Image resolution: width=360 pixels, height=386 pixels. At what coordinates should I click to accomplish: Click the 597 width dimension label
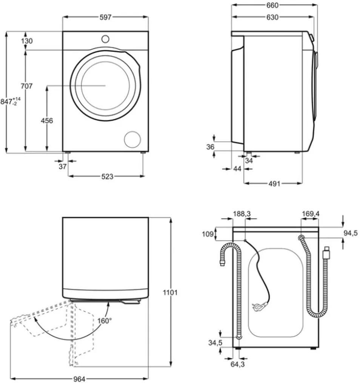pyautogui.click(x=106, y=17)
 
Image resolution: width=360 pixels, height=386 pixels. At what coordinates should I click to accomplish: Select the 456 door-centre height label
pyautogui.click(x=47, y=121)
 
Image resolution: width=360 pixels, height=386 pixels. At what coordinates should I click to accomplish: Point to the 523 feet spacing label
pyautogui.click(x=107, y=176)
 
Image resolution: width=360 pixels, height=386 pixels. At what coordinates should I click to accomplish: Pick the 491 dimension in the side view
pyautogui.click(x=274, y=184)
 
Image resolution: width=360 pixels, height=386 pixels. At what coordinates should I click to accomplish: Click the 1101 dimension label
pyautogui.click(x=170, y=292)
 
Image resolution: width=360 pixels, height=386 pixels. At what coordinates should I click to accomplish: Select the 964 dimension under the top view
pyautogui.click(x=80, y=378)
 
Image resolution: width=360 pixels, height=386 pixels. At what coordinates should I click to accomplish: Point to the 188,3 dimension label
pyautogui.click(x=242, y=214)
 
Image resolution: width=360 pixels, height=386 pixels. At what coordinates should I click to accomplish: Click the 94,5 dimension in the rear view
pyautogui.click(x=351, y=232)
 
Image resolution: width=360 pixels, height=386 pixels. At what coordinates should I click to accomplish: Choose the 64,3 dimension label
pyautogui.click(x=237, y=365)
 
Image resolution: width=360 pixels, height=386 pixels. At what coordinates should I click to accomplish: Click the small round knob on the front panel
pyautogui.click(x=105, y=38)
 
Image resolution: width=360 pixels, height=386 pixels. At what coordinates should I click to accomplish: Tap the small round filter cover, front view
pyautogui.click(x=132, y=139)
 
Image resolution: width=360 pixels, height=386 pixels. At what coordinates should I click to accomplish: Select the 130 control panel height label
pyautogui.click(x=27, y=41)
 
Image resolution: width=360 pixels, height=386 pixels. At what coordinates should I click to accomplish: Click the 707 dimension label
pyautogui.click(x=26, y=86)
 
